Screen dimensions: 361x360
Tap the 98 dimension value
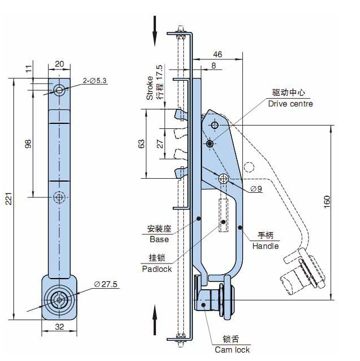point(29,145)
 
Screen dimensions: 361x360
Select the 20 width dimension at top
point(60,64)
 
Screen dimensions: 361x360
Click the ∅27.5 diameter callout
point(106,285)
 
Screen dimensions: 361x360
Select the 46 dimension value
point(218,54)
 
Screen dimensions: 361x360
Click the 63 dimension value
point(141,144)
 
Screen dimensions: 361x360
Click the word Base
point(159,239)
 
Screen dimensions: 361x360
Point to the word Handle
point(265,246)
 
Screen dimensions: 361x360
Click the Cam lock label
point(232,350)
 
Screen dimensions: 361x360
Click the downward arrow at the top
point(155,31)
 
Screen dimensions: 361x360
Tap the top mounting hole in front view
point(59,90)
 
